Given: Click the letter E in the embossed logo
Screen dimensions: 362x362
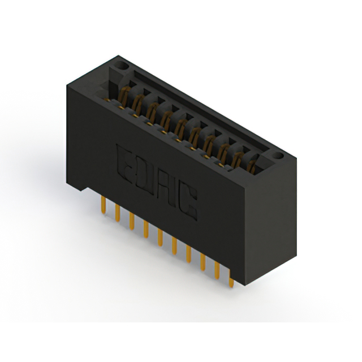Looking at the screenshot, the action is (124, 164).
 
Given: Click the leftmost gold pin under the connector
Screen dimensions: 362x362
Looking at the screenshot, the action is (104, 205).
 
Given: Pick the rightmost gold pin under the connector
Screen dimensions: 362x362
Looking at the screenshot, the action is (231, 279).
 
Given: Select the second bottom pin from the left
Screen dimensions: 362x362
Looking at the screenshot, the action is (118, 213).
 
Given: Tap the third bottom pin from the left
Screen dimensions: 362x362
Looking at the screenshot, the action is (132, 221).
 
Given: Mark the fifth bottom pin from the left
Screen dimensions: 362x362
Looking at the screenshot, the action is (160, 238).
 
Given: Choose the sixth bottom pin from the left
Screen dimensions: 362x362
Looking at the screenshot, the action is (174, 246).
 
